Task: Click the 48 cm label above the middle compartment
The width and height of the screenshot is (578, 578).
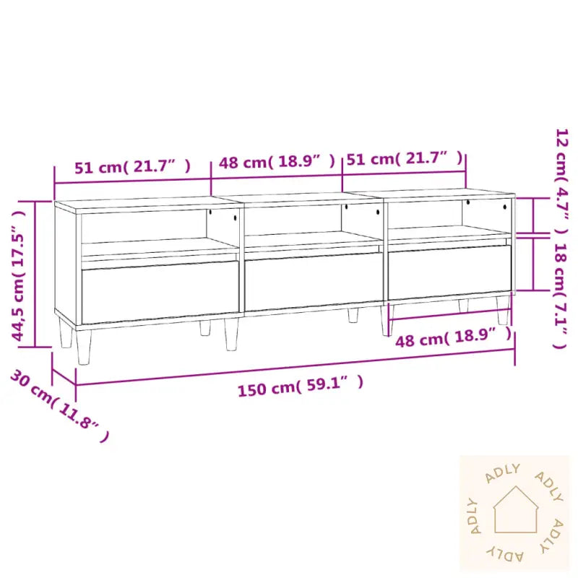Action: click(277, 162)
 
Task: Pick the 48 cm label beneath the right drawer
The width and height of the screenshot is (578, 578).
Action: click(454, 338)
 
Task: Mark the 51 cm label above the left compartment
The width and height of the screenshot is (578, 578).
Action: click(133, 167)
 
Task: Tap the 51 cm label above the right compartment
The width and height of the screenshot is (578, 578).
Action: click(405, 158)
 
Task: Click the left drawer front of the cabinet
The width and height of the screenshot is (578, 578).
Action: click(160, 292)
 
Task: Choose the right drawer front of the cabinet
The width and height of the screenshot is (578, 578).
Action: click(449, 272)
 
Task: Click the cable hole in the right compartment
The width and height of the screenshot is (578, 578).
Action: click(467, 202)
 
